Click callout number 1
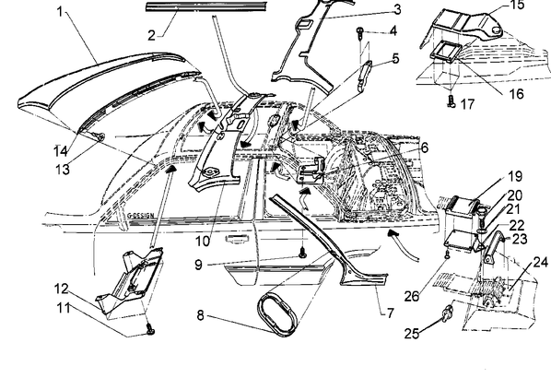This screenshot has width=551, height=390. [60, 12]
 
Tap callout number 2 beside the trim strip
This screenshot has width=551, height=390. [151, 35]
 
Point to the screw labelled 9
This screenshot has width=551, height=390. [302, 252]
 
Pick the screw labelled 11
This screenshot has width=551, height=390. [151, 329]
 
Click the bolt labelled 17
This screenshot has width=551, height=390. [452, 101]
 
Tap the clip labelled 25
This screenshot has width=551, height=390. [448, 312]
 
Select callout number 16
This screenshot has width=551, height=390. [516, 94]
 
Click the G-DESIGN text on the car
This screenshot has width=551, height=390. [140, 215]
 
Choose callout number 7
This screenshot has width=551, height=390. [391, 313]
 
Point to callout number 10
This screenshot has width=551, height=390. [203, 242]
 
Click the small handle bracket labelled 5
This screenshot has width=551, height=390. [364, 75]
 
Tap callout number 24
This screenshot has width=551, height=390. [541, 262]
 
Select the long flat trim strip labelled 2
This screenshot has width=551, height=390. [207, 6]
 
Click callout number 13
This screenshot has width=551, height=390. [63, 170]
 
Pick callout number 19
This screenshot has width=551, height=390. [515, 176]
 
